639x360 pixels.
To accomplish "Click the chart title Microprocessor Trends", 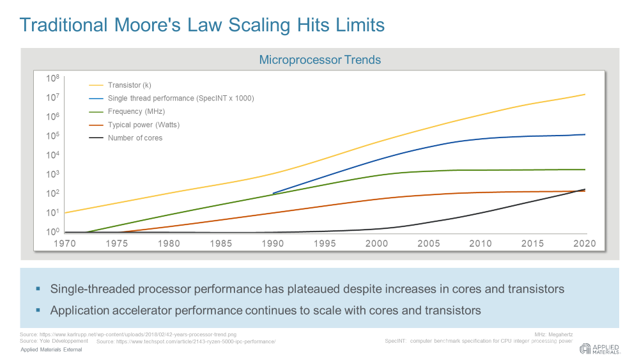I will coord(319,60).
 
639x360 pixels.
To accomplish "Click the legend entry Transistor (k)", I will coord(129,85).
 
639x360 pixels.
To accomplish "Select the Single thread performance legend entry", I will coord(181,98).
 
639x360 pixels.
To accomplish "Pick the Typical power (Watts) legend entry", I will coord(144,125).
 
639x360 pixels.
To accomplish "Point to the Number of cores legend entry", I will coord(135,137).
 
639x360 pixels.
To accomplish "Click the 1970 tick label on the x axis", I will coord(65,244).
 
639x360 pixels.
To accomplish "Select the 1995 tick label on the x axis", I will coord(325,244).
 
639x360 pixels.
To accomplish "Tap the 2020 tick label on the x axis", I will coord(585,244).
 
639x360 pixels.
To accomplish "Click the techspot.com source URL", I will coord(185,342).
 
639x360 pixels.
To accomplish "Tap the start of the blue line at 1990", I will coord(273,193).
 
